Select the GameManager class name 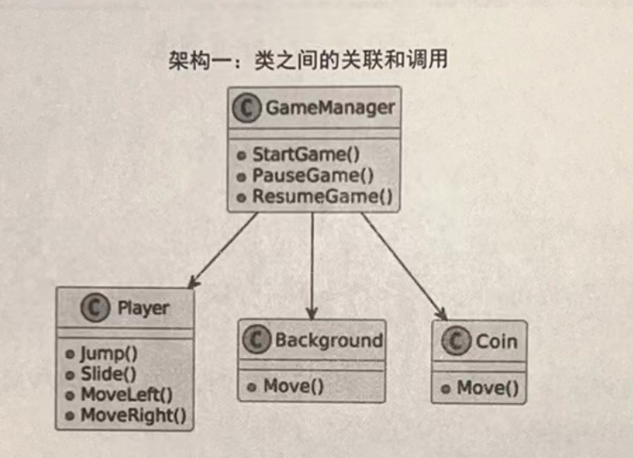coord(329,107)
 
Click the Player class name coord(143,308)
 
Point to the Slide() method coord(108,374)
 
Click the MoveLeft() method coord(125,395)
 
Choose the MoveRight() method coord(133,415)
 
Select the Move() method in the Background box coord(293,386)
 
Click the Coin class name coord(496,341)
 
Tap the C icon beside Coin coord(456,341)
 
